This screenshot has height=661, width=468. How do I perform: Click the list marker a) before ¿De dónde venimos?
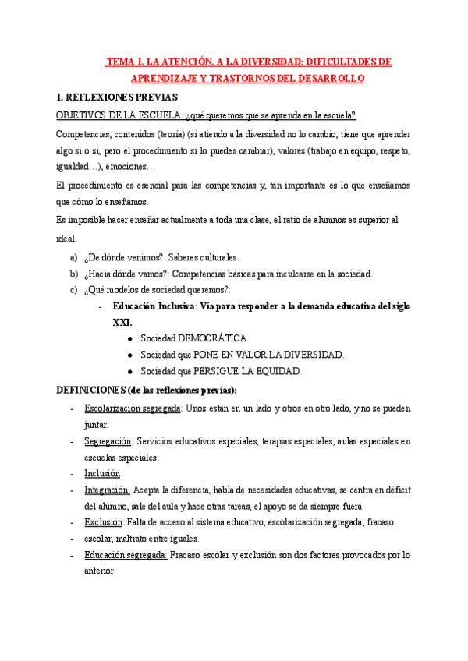pos(74,258)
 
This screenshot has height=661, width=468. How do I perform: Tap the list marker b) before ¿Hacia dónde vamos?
pos(74,274)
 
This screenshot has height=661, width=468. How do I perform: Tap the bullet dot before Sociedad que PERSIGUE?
pos(129,371)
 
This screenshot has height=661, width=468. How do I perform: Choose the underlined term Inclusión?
pos(102,473)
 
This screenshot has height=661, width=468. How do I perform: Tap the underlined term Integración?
pos(107,490)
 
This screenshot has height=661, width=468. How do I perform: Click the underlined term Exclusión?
pos(103,521)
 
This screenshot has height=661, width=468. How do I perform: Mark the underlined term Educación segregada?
pos(126,554)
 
